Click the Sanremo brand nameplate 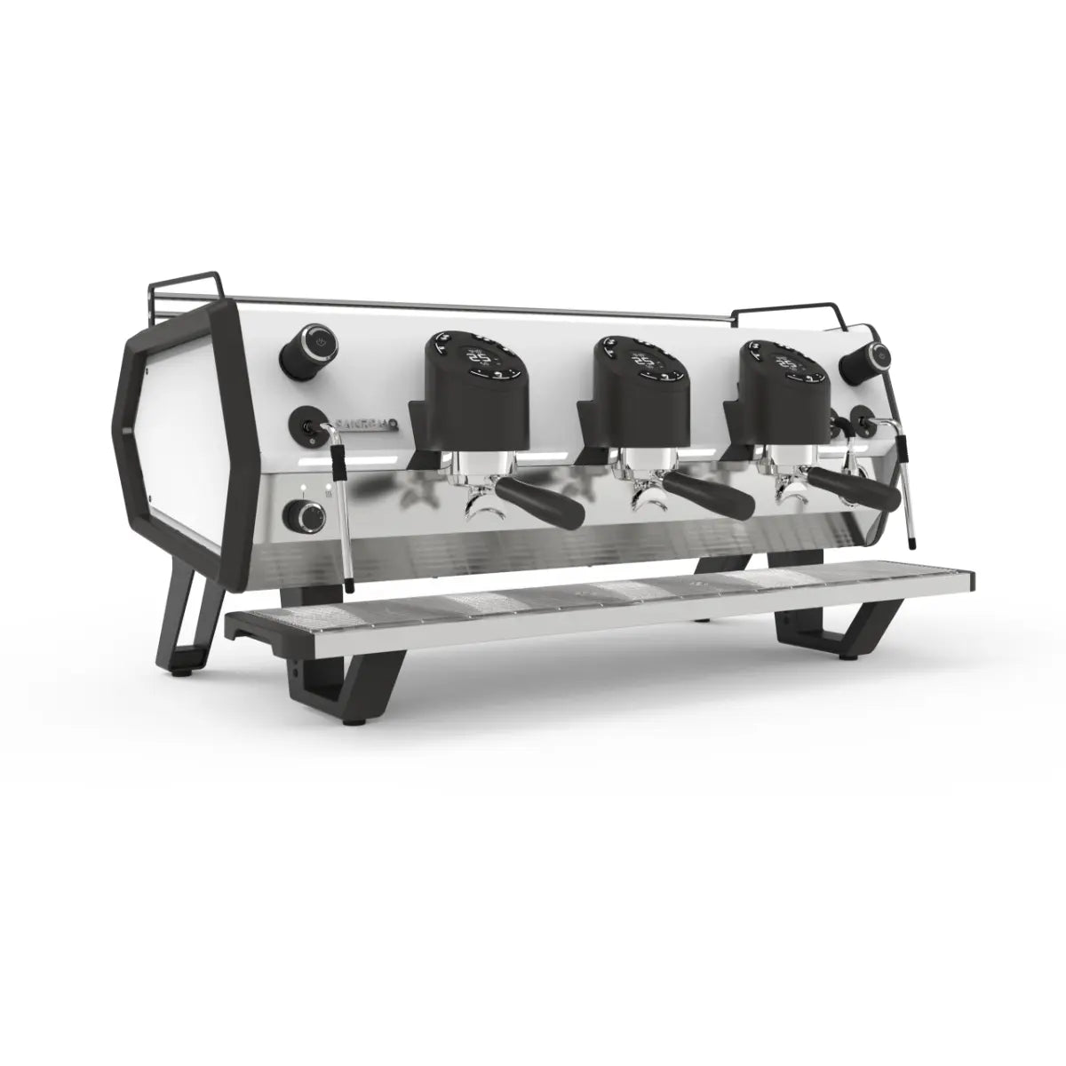coord(367,426)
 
